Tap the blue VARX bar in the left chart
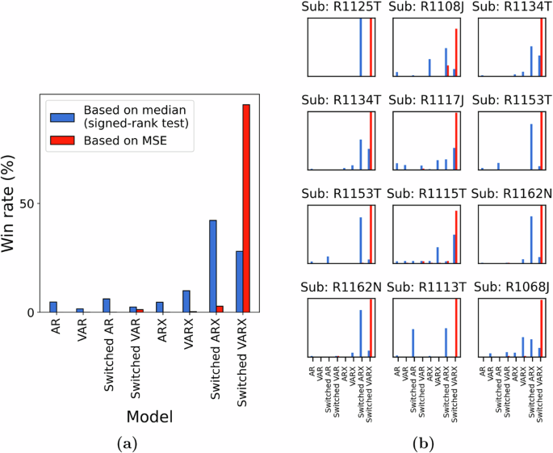(x=186, y=301)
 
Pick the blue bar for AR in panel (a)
(x=53, y=307)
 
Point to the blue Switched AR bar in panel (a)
(x=106, y=305)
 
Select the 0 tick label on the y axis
(x=33, y=312)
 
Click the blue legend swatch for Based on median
(x=63, y=116)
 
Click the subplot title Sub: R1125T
(x=338, y=7)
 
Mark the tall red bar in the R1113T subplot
(x=456, y=328)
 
